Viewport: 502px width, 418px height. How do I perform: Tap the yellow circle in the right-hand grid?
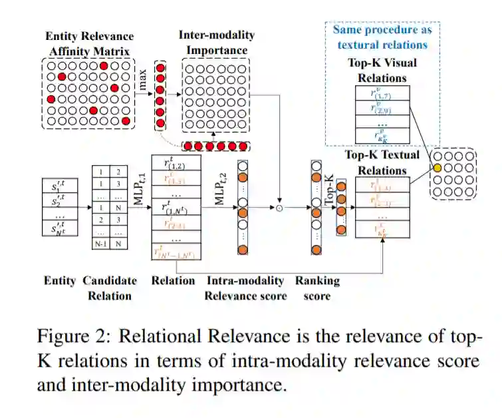point(438,167)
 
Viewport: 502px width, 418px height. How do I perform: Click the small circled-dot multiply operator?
point(279,208)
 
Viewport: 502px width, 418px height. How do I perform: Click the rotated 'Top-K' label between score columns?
point(328,193)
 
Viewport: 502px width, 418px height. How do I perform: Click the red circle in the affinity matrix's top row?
point(103,66)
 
